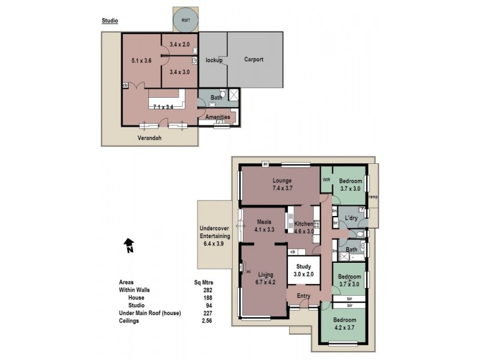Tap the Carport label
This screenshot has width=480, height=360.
pos(254,60)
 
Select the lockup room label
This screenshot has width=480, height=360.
pos(214,61)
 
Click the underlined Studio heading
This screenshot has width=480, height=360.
pos(110,20)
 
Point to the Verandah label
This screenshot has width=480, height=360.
pos(149,137)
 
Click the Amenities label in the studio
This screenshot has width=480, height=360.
pos(217,117)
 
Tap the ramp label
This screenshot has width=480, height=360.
pos(373,196)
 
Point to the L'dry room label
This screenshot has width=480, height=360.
pos(352,217)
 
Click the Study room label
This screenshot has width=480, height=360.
pos(303,268)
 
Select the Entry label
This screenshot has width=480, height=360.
pos(304,295)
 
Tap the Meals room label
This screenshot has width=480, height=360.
pos(264,221)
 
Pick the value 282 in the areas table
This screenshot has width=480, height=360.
pos(209,290)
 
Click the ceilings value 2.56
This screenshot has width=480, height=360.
pos(208,321)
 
